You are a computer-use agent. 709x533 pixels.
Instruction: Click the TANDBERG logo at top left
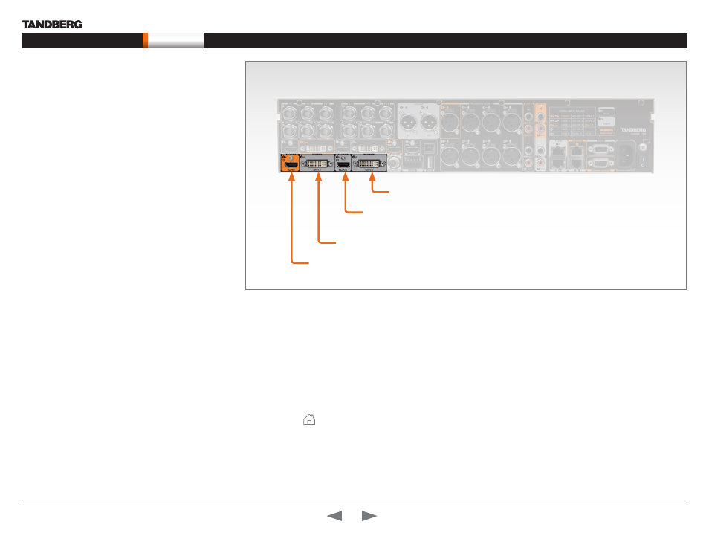pyautogui.click(x=52, y=24)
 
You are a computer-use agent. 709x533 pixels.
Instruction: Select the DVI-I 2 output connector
pyautogui.click(x=317, y=162)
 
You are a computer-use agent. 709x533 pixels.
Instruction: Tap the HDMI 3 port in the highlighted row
pyautogui.click(x=343, y=162)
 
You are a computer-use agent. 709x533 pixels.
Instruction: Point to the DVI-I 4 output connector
pyautogui.click(x=370, y=162)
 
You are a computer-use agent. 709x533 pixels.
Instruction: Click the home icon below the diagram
pyautogui.click(x=308, y=420)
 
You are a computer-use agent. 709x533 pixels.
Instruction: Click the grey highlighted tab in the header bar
pyautogui.click(x=175, y=41)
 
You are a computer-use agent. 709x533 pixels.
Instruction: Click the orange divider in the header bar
pyautogui.click(x=146, y=41)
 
